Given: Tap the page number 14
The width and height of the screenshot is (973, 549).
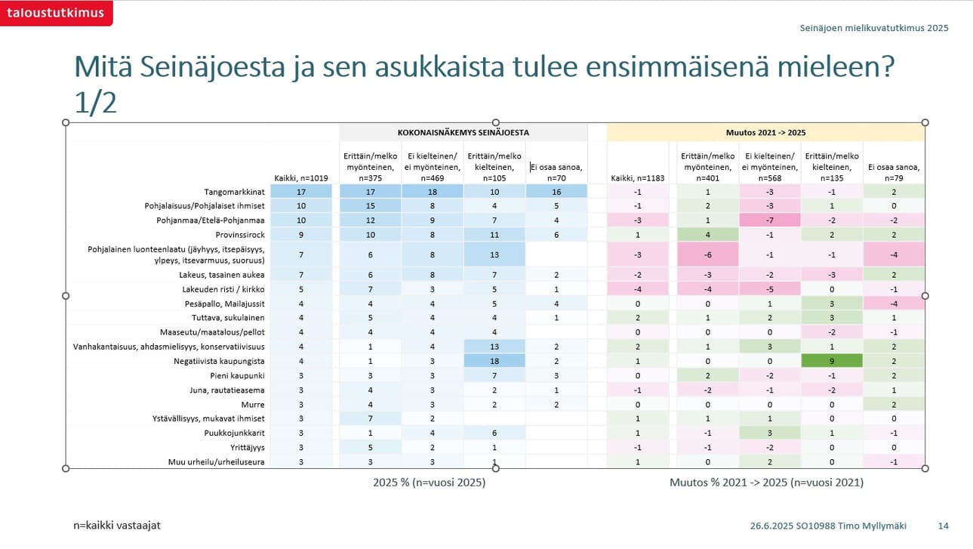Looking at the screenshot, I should pos(943,526).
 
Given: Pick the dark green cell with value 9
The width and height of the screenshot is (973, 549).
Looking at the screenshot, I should pos(831,362).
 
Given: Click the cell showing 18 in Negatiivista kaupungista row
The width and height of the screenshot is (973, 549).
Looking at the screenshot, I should pos(494,362).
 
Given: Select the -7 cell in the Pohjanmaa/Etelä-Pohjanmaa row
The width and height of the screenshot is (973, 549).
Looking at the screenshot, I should pos(769,220).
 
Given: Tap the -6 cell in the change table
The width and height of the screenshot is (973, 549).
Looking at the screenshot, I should pos(707,255).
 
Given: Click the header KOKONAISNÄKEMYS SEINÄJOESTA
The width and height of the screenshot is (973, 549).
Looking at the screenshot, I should pos(463,132).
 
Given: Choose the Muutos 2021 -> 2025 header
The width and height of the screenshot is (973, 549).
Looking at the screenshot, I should pos(766,132).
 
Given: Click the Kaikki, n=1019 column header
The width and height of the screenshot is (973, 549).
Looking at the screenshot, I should pos(301,179).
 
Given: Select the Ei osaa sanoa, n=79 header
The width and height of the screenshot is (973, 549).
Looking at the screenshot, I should pos(894,173).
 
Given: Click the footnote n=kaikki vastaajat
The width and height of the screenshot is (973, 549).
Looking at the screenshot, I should pos(117,526).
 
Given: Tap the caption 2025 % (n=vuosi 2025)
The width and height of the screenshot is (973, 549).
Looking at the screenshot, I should pos(429,482).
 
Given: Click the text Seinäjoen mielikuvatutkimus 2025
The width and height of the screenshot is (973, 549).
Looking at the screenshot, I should pos(873,28).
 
